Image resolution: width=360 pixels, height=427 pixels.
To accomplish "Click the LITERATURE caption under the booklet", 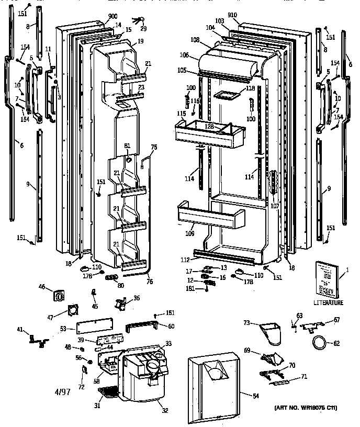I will click(329, 302).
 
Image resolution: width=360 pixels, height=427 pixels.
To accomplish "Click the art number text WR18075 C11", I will click(312, 408).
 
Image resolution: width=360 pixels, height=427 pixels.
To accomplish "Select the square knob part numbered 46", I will click(60, 296).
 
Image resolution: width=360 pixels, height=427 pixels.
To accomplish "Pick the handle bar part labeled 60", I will click(142, 327).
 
